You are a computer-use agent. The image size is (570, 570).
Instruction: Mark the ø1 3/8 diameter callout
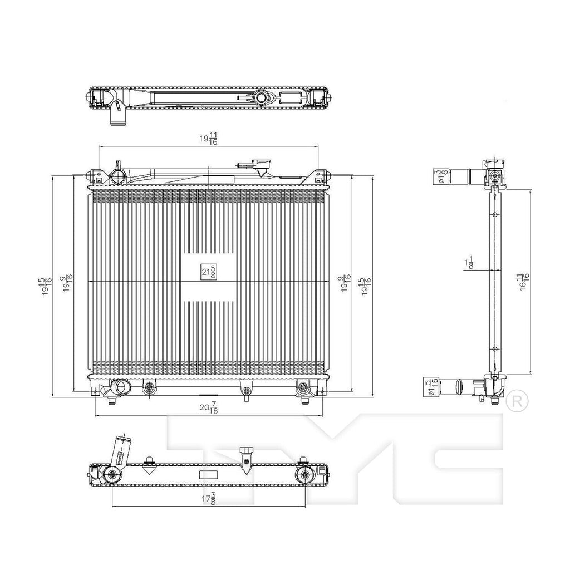440,176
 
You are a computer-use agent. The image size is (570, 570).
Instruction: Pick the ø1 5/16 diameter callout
429,386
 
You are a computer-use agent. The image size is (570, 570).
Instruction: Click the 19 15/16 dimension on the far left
47,287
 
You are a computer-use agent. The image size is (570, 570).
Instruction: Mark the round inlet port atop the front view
118,177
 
